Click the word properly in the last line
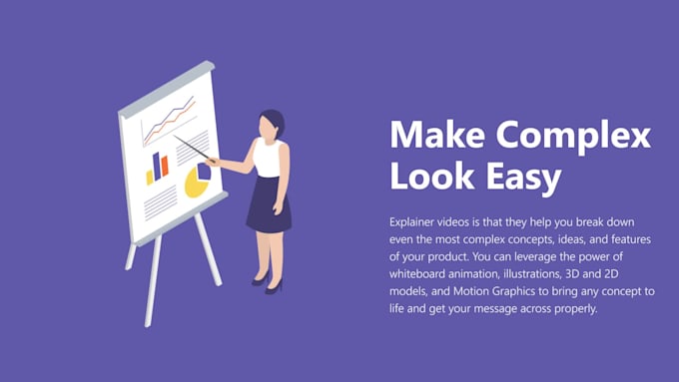[x=578, y=309]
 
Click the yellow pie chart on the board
[x=197, y=180]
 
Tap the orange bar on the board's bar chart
[x=162, y=164]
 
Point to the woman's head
[x=271, y=125]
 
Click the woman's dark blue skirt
[x=268, y=203]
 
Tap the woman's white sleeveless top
[x=267, y=158]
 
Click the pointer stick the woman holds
[x=192, y=148]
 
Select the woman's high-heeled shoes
[x=270, y=284]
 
